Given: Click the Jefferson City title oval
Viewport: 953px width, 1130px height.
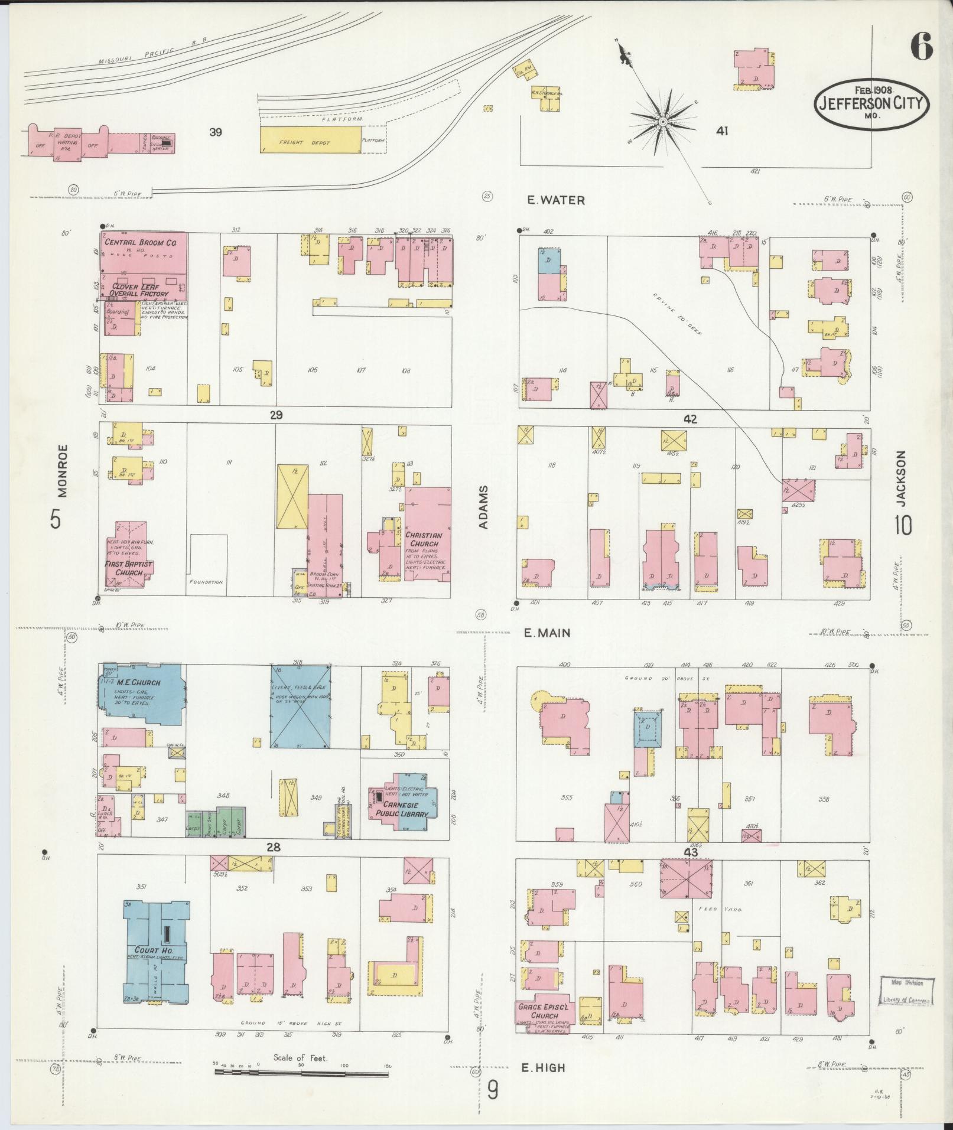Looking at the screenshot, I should [x=873, y=103].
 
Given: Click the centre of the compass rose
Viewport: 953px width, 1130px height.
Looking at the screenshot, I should [x=663, y=121].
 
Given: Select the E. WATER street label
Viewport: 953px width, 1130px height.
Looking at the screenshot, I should [x=555, y=200].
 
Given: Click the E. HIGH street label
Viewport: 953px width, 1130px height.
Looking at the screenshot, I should [x=544, y=1067].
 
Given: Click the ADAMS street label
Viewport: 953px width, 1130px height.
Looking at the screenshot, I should [x=483, y=507].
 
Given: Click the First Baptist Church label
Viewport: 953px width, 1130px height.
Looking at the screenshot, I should [x=129, y=568].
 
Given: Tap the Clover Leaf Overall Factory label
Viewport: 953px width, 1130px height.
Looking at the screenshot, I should [x=138, y=289].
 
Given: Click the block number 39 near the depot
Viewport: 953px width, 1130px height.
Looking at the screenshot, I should [x=215, y=132].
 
